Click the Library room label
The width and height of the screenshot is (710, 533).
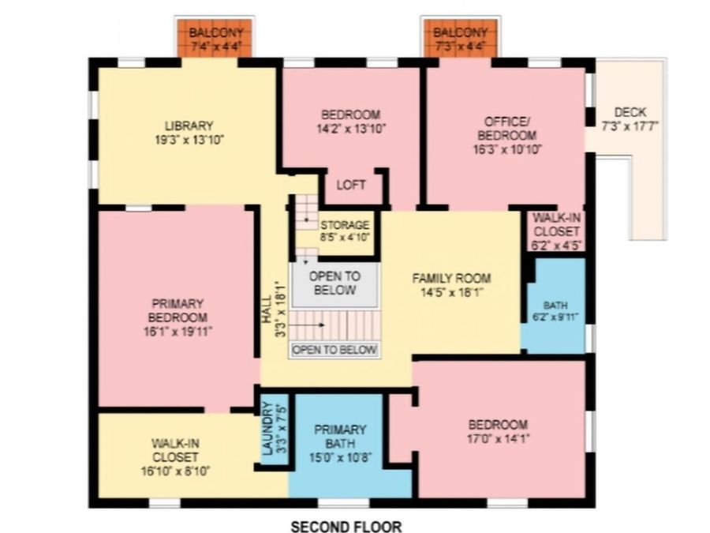pyautogui.click(x=189, y=133)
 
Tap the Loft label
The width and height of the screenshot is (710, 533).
pyautogui.click(x=351, y=185)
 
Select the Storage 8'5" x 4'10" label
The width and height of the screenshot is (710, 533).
pyautogui.click(x=345, y=231)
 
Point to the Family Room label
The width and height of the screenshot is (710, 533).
pyautogui.click(x=451, y=285)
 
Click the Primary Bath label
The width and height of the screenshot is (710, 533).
pyautogui.click(x=340, y=443)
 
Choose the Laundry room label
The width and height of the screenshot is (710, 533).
pyautogui.click(x=274, y=428)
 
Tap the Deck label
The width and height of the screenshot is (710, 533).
pyautogui.click(x=630, y=118)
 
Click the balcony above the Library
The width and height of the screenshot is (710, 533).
pyautogui.click(x=215, y=39)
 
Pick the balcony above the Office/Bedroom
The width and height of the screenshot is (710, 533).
pyautogui.click(x=460, y=39)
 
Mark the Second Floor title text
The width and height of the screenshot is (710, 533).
pyautogui.click(x=346, y=526)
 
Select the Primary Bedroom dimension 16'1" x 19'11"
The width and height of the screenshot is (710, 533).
pyautogui.click(x=178, y=332)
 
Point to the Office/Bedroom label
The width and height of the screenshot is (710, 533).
pyautogui.click(x=507, y=136)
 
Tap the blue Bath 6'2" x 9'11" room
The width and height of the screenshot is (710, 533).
pyautogui.click(x=555, y=306)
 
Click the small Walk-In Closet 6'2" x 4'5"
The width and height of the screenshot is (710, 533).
pyautogui.click(x=556, y=231)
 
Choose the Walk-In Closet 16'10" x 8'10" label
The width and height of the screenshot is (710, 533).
pyautogui.click(x=175, y=457)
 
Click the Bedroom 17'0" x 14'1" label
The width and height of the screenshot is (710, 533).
pyautogui.click(x=498, y=431)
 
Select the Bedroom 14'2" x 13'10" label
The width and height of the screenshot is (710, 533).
pyautogui.click(x=351, y=122)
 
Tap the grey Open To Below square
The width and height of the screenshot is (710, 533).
pyautogui.click(x=334, y=284)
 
